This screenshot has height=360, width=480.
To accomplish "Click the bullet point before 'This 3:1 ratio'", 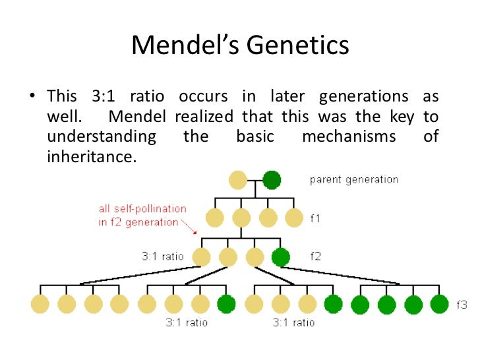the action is pos(30,97).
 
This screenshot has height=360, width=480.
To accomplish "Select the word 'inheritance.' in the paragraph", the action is pos(91,157).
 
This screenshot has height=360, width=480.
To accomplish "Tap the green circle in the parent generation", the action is pos(271,179).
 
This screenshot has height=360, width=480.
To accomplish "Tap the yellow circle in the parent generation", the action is pos(238,179).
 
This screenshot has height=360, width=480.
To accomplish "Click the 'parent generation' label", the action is pos(354,179).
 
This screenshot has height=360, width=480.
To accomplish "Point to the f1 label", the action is pos(315,217).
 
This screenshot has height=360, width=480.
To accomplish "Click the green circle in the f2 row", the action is pos(280,256).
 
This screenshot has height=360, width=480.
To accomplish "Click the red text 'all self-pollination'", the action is pos(142,208).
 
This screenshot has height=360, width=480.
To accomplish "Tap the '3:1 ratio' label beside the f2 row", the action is pos(164,256).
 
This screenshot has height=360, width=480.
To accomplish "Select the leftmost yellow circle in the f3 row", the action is pos(40,304).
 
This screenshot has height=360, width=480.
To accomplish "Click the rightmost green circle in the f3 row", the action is pos(439,304).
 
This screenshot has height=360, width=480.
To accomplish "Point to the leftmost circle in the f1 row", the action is pos(216,218).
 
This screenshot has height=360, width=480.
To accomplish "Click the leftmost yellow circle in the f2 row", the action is pos(202,256).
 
